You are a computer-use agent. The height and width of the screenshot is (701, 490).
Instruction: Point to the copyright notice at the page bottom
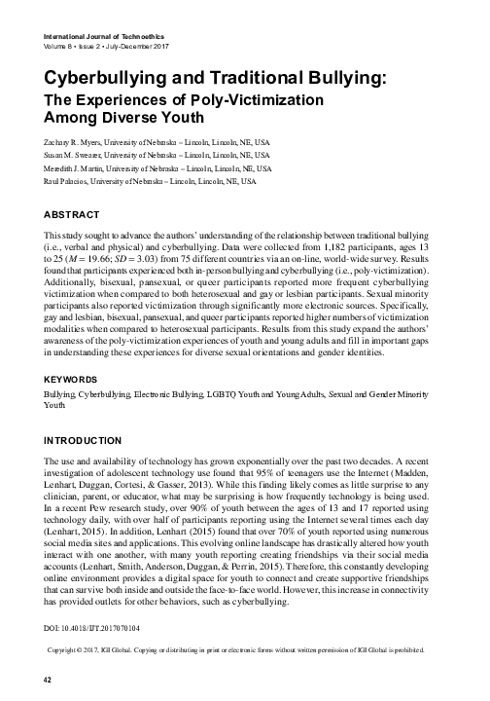coord(246,648)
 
